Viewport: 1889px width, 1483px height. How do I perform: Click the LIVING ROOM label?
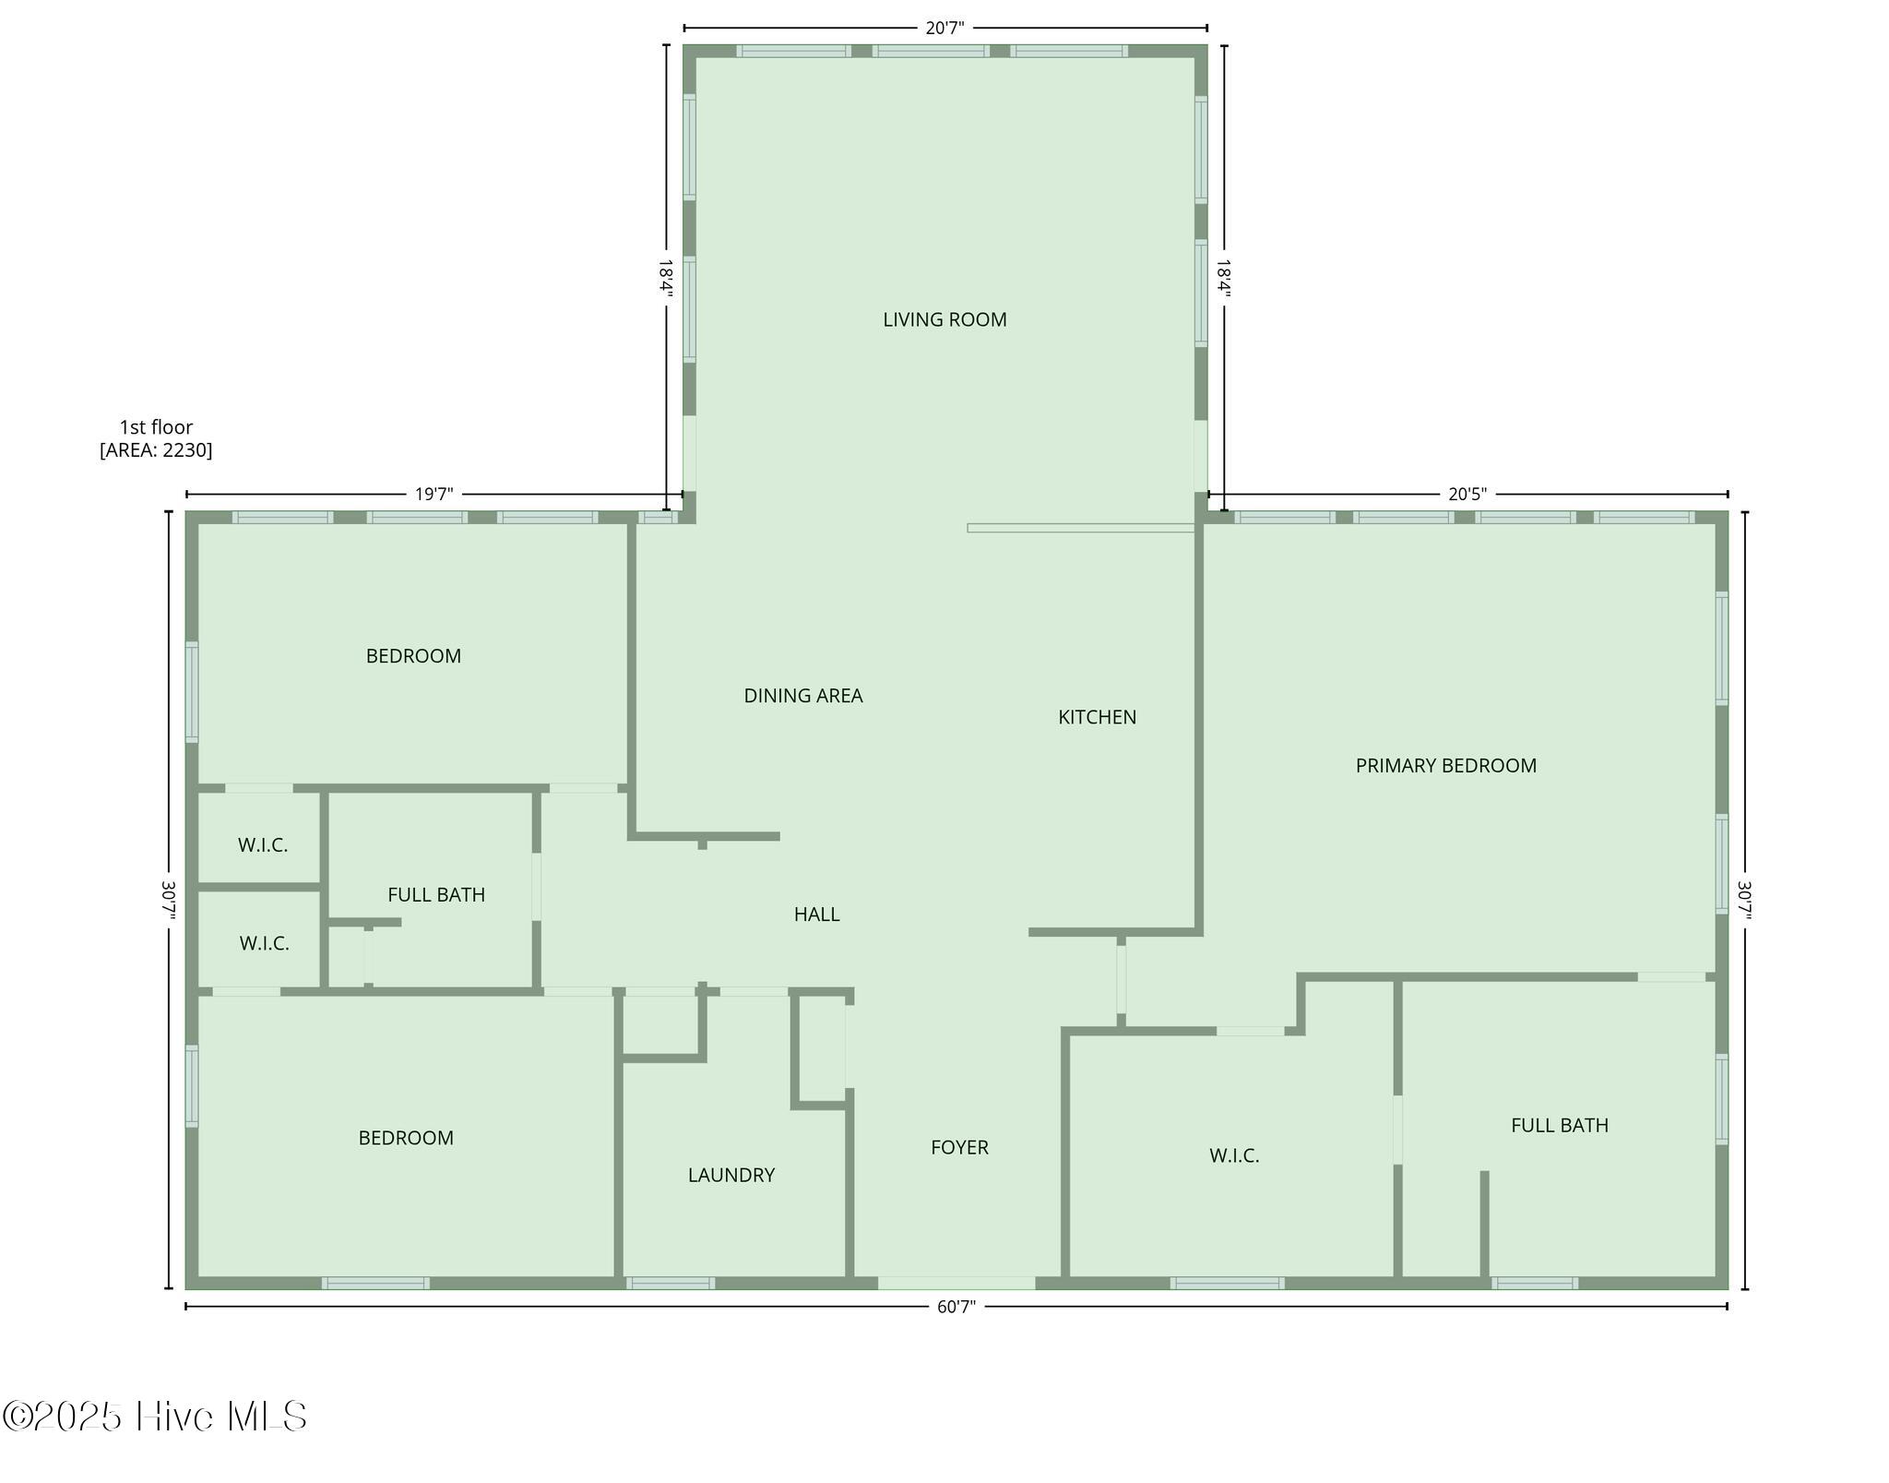pos(944,319)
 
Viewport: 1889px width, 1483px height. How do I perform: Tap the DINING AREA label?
pos(803,696)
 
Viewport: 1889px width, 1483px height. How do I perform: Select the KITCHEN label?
pos(1097,717)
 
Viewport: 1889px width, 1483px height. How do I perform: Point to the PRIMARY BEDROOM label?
pos(1445,765)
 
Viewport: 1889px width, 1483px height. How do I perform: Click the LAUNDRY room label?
pos(731,1175)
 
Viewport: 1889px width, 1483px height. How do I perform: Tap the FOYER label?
pos(959,1147)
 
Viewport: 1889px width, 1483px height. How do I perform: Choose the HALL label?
pos(816,915)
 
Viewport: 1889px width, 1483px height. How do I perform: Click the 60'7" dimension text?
pos(956,1307)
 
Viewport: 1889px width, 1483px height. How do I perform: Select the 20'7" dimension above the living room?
pos(944,28)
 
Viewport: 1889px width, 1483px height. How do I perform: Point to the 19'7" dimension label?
pos(434,494)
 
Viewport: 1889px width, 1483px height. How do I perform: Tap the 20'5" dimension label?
pos(1467,494)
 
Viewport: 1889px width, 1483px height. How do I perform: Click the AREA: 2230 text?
pos(156,450)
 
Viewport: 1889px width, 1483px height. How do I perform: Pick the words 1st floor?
pos(156,427)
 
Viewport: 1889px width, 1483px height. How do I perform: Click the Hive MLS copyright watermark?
pos(154,1417)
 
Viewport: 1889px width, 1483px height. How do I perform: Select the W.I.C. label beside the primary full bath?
pos(1234,1155)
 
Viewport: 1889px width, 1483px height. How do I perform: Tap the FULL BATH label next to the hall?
pos(436,894)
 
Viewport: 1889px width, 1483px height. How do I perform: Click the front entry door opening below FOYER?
pos(956,1283)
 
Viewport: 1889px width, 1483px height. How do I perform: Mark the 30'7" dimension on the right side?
pos(1745,901)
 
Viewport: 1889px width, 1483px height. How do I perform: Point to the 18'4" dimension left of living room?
pos(666,278)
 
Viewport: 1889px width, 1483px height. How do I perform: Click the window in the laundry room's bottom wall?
pos(671,1283)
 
